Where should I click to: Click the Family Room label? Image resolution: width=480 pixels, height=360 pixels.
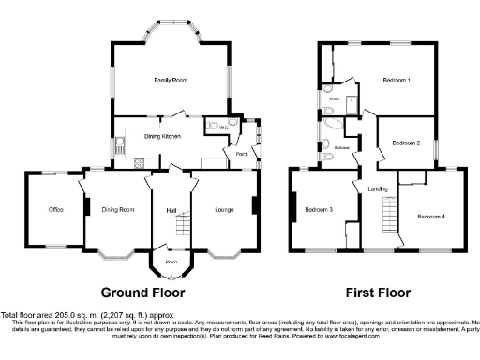[171, 81]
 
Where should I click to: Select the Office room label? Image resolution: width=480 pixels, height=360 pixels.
[55, 209]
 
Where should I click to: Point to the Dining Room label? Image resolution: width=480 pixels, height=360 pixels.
[118, 209]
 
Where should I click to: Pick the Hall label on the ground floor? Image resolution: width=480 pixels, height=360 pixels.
[171, 209]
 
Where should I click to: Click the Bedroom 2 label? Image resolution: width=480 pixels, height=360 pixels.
[405, 142]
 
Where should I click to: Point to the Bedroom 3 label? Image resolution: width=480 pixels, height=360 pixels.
[319, 209]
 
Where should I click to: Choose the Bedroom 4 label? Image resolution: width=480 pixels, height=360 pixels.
[430, 217]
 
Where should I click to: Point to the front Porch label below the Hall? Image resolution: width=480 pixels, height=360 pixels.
[171, 262]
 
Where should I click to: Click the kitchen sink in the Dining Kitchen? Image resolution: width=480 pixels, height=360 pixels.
[121, 145]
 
